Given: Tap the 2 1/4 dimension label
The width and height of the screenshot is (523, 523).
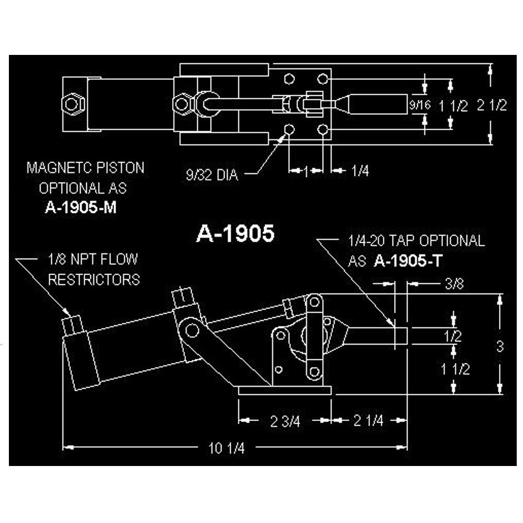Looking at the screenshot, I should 368,420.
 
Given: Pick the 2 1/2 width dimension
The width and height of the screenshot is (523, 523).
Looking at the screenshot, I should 493,105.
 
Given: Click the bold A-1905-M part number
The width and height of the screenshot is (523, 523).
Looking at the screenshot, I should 81,208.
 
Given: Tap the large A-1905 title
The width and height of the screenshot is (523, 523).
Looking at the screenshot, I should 235,234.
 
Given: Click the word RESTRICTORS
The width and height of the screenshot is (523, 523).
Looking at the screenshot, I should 94,279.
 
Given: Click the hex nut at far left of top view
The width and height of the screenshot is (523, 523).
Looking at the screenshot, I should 70,104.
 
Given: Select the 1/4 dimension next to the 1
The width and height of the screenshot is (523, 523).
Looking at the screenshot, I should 360,171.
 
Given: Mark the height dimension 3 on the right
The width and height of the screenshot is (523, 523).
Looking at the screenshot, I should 501,346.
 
